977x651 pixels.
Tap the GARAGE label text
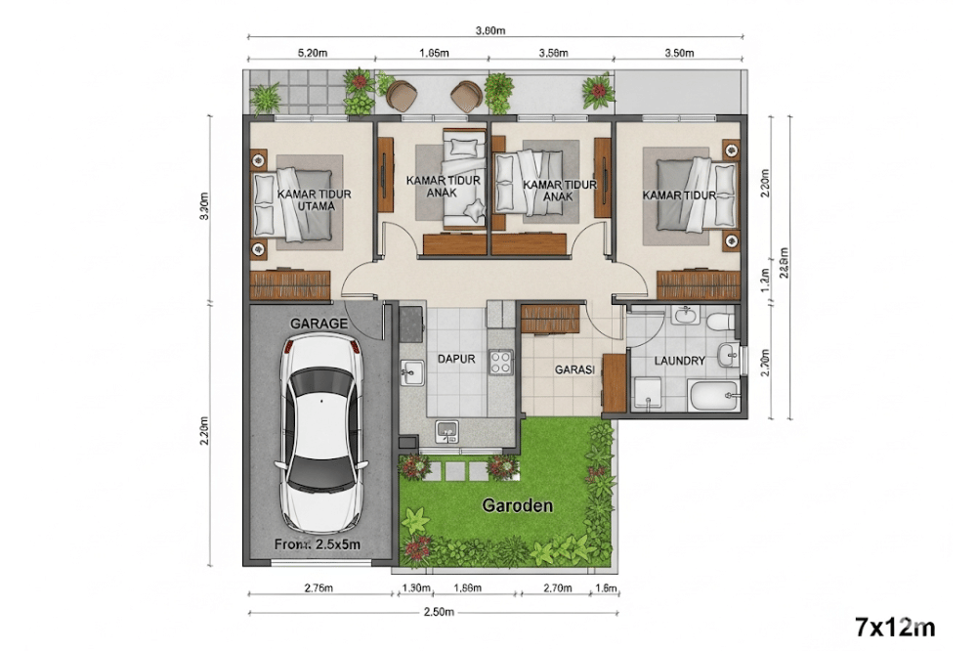pos(319,322)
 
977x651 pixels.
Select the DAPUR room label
pos(455,359)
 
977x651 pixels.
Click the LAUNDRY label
pos(679,361)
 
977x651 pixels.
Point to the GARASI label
pos(574,370)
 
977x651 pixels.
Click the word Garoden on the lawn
pos(518,505)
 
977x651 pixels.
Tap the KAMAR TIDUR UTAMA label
pos(315,199)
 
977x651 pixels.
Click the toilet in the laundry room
pos(721,320)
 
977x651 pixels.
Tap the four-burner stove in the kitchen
pos(501,363)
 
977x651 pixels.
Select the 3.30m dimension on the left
pos(203,209)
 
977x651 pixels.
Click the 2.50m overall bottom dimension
pos(438,612)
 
